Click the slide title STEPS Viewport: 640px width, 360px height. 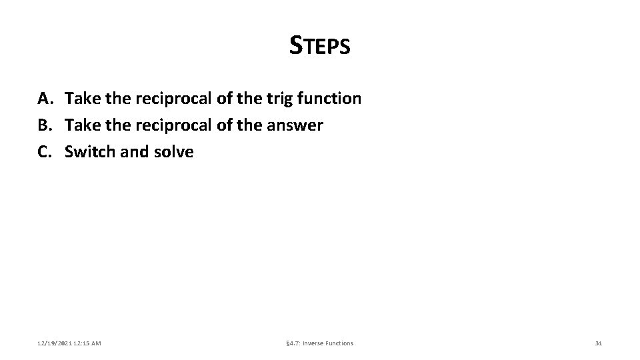point(320,46)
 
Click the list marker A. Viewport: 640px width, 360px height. point(45,99)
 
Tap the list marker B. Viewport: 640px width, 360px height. point(45,125)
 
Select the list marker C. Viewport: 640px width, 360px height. point(45,152)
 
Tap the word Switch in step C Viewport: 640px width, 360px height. point(89,152)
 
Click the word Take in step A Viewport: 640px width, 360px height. point(81,99)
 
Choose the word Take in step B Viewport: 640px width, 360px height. point(81,125)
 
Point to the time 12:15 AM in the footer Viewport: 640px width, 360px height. point(88,343)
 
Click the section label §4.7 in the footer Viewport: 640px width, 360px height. point(293,343)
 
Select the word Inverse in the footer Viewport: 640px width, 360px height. point(314,343)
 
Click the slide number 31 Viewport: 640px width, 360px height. point(598,343)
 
